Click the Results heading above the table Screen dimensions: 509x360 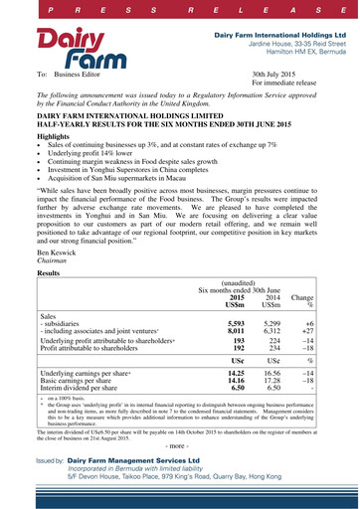coord(49,271)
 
